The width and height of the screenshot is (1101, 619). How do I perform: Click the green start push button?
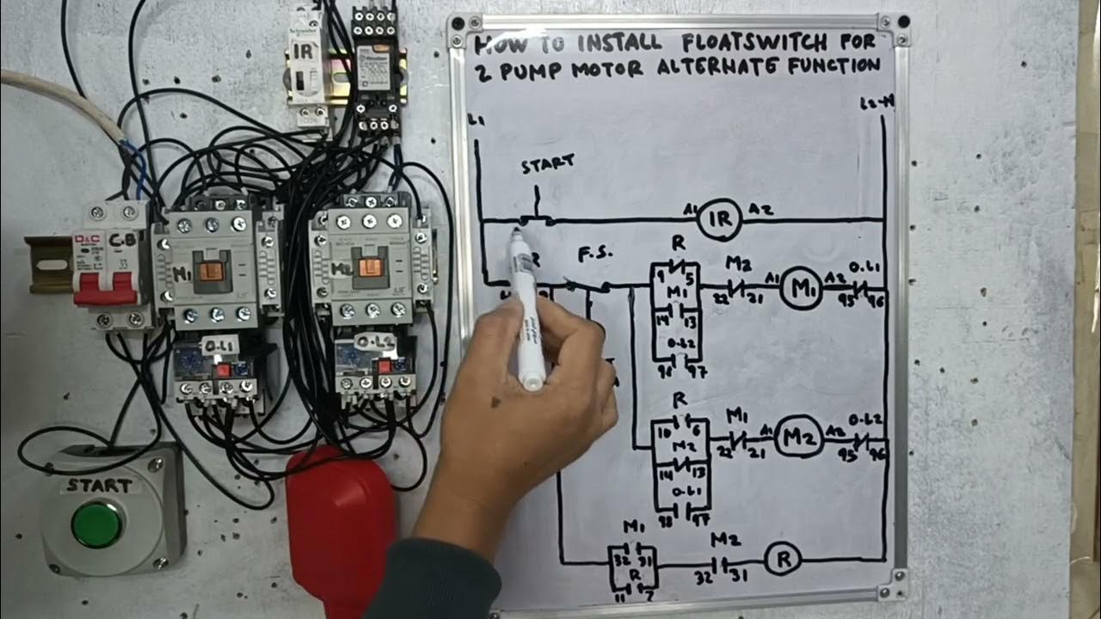tap(96, 524)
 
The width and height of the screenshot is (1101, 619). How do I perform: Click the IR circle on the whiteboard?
tap(719, 220)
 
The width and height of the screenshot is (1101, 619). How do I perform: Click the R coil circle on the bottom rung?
tap(783, 560)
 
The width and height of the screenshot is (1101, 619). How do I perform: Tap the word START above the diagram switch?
tap(547, 164)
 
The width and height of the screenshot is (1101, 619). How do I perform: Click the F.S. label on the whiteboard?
tap(594, 254)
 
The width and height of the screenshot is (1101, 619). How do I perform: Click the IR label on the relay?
tap(303, 51)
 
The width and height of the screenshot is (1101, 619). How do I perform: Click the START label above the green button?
tap(100, 486)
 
